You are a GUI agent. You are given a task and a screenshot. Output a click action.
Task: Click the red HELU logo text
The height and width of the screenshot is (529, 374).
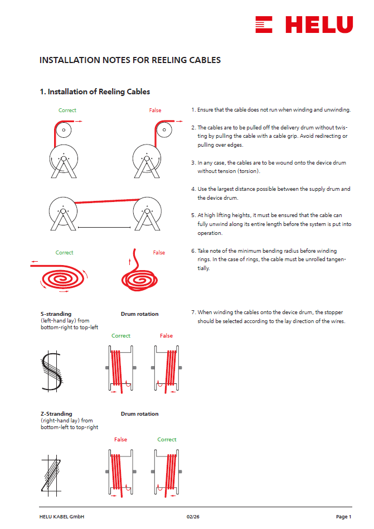pos(319,25)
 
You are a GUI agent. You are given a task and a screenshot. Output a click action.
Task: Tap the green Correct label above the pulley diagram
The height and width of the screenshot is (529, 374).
pos(67,110)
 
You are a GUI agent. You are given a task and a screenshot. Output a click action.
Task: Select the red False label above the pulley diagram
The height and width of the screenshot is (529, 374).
pos(155,110)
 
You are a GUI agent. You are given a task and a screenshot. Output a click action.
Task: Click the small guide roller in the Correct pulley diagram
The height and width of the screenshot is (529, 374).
pos(64,130)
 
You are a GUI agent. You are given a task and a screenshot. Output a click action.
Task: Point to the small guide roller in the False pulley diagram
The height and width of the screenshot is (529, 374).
pos(164,130)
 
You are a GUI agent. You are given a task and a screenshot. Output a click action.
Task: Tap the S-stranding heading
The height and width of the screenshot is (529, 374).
pos(56,314)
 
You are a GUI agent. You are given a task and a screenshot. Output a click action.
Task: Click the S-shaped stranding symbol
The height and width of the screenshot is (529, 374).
pos(51,371)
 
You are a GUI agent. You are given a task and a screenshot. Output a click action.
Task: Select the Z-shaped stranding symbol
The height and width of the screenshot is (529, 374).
pos(51,475)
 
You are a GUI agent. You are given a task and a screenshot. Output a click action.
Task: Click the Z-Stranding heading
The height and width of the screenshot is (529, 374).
pos(56,413)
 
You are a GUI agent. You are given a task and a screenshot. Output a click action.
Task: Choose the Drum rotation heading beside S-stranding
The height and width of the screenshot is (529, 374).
pos(139,314)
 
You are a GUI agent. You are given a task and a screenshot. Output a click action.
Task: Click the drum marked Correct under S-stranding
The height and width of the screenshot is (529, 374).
pos(120,369)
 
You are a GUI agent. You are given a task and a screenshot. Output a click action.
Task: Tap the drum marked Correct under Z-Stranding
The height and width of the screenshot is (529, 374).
pos(167,473)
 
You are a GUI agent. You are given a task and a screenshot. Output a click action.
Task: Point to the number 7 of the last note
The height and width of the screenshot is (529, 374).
pos(193,312)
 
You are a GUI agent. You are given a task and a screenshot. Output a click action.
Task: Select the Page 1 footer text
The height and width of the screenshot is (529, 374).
pos(343,517)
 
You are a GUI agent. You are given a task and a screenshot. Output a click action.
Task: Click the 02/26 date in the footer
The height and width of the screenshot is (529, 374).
pos(193,517)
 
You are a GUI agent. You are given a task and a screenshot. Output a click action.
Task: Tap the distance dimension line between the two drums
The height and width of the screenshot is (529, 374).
pos(104,227)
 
